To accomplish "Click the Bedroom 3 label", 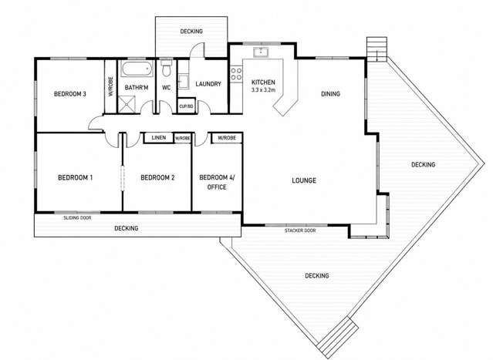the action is [x=69, y=93].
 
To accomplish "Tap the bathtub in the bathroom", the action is [x=137, y=69].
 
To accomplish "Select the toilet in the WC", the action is [x=167, y=67].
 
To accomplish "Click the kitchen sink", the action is [x=261, y=52].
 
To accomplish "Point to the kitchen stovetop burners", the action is [x=236, y=74].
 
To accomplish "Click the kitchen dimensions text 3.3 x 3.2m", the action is [x=263, y=90].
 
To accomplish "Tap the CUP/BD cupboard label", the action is [x=186, y=106].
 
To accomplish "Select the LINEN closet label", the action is [x=159, y=137].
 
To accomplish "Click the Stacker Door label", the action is [x=300, y=230].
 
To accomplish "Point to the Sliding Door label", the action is [x=77, y=217].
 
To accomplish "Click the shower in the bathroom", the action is [x=127, y=104].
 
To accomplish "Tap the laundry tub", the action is [x=184, y=82].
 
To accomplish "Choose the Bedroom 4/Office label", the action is [x=217, y=182].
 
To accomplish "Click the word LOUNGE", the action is [x=304, y=180].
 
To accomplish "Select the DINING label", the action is [x=330, y=93].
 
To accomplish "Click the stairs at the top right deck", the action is [x=377, y=49].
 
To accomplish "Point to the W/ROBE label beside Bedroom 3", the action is [x=110, y=86].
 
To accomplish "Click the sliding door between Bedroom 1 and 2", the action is [x=123, y=178].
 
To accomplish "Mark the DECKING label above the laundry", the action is [x=191, y=31].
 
